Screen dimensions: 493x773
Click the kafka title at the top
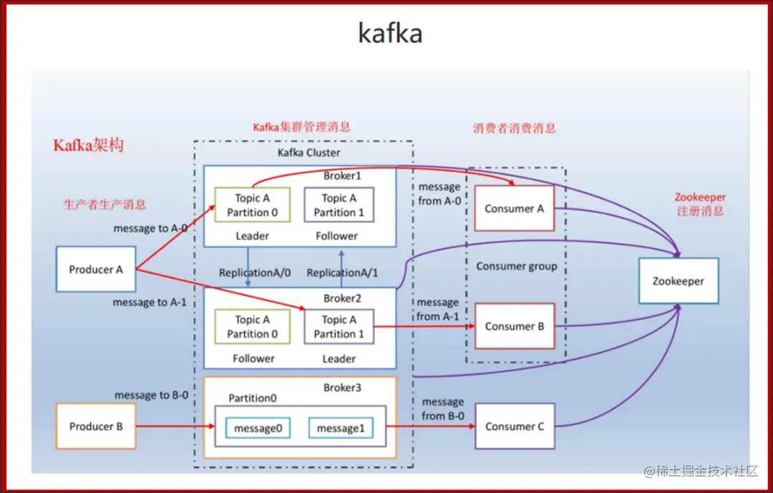tap(390, 33)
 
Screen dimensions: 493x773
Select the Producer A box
tap(96, 270)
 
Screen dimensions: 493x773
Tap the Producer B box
tap(96, 426)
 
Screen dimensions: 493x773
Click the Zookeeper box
tap(678, 281)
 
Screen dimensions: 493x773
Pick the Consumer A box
tap(514, 209)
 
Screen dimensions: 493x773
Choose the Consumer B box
tap(514, 326)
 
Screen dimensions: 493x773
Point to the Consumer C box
tap(514, 426)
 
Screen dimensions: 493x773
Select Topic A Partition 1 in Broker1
tap(339, 205)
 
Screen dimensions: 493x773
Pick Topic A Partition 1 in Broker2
tap(339, 327)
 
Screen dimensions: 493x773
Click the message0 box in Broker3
tap(258, 428)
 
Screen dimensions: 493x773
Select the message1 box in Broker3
tap(341, 428)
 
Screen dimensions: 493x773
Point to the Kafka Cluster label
tap(309, 152)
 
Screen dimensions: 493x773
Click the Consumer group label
tap(516, 266)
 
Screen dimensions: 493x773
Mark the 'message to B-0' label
tap(151, 395)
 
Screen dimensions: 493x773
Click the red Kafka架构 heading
tap(88, 145)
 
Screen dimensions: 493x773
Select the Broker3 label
tap(342, 387)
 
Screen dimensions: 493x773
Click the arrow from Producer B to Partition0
tap(175, 426)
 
